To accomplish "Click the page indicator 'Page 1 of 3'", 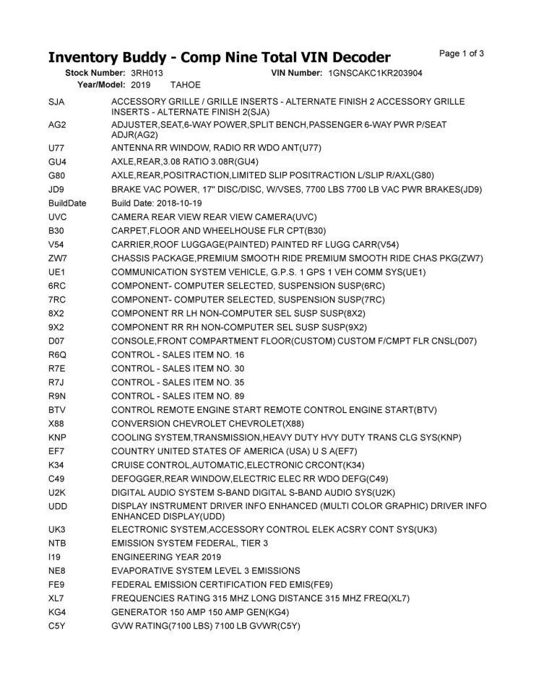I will [x=462, y=53].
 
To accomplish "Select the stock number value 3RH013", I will [x=147, y=74].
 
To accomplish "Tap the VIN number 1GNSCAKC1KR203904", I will [x=375, y=74].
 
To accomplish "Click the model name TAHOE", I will [x=186, y=85].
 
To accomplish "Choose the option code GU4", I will [x=57, y=162].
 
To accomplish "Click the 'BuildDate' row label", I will [x=67, y=204].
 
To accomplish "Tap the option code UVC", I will [x=58, y=217].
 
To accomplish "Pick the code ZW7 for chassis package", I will [x=58, y=258].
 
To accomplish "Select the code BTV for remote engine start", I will [x=57, y=410].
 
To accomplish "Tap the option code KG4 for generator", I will [x=58, y=612].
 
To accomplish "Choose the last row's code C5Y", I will [x=57, y=626].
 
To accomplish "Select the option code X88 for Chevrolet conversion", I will [x=57, y=424].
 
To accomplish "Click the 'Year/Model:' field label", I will [x=101, y=85].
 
